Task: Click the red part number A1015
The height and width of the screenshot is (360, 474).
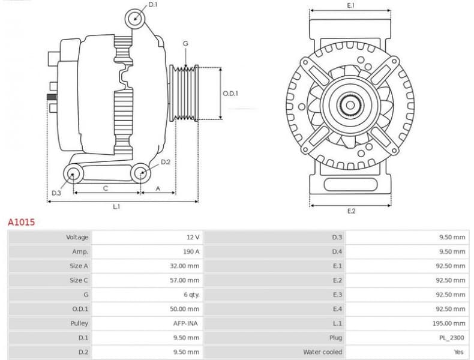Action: [21, 222]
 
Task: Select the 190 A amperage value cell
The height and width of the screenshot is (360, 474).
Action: [191, 251]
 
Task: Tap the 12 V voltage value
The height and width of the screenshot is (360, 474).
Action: [193, 237]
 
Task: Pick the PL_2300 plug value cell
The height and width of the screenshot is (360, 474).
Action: [451, 338]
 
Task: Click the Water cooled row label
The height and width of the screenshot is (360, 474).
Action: [323, 352]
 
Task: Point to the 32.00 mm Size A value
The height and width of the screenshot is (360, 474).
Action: [185, 266]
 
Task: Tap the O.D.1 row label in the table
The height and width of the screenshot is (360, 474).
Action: [80, 309]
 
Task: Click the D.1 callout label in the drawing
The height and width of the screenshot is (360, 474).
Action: [153, 5]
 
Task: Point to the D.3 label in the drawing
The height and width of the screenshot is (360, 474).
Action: [56, 193]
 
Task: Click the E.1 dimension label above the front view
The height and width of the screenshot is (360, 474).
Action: [351, 5]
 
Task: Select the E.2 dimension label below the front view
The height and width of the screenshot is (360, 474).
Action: [351, 211]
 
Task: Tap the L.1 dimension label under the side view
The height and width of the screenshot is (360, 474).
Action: [116, 206]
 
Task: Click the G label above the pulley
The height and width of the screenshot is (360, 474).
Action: [185, 44]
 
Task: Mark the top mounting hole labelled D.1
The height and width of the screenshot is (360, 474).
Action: [136, 19]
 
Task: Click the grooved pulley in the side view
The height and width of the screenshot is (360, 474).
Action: [184, 93]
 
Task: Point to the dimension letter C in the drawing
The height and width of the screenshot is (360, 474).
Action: [106, 188]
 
